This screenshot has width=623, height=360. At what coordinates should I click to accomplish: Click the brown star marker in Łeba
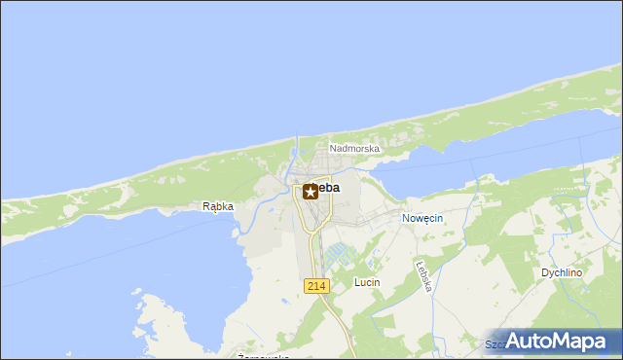(x=311, y=192)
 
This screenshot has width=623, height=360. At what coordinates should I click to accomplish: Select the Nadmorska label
(x=354, y=149)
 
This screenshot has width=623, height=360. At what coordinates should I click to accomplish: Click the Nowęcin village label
(x=422, y=219)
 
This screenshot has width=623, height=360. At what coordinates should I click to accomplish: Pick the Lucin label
(x=367, y=282)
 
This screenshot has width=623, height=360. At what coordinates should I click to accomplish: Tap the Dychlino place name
(x=562, y=273)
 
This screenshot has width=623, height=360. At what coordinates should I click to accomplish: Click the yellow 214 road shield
(x=316, y=285)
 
